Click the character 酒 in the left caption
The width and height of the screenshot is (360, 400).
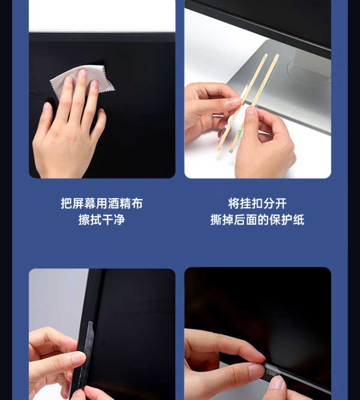point(113,204)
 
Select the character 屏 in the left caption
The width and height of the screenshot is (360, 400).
point(78,204)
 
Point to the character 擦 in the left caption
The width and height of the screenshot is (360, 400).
point(84,220)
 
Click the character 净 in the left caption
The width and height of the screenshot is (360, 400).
point(119,220)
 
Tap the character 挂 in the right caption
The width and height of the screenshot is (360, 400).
point(246,204)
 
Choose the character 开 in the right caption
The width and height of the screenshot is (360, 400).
point(281,204)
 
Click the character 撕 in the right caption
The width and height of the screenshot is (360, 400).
point(216,220)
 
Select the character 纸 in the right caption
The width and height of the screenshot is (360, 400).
point(299,220)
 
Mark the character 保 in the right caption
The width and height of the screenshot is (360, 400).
point(275,220)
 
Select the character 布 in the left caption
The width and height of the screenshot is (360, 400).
point(137,204)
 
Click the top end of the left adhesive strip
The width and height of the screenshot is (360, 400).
point(266,54)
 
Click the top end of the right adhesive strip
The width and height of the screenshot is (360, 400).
point(277,55)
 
